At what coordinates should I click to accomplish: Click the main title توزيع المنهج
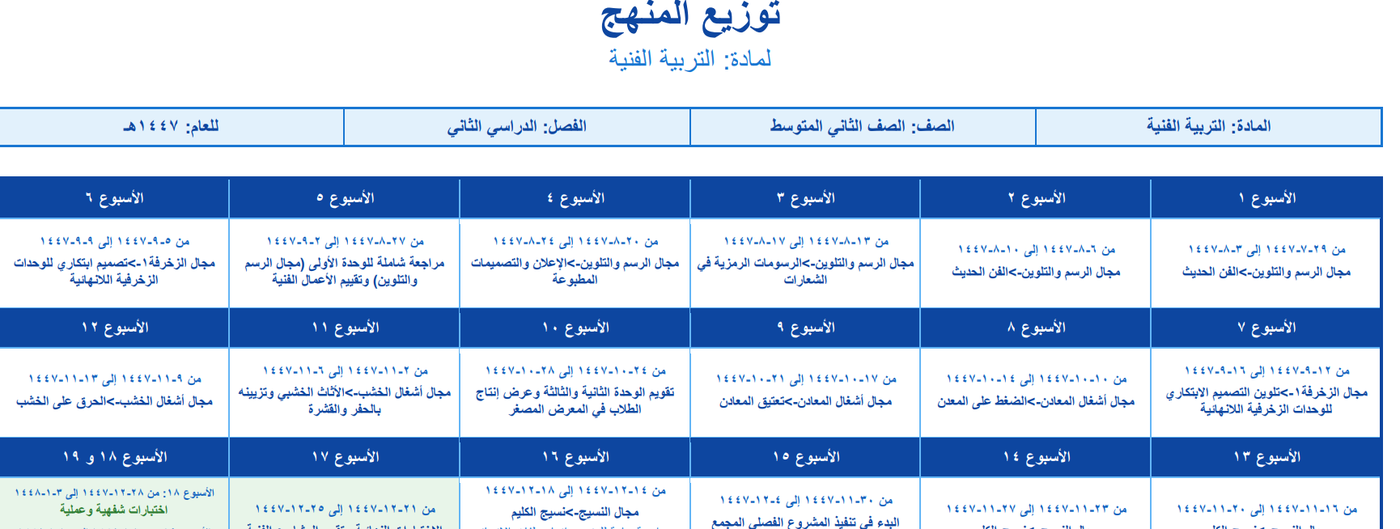click(690, 16)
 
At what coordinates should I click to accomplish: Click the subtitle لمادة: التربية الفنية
click(690, 59)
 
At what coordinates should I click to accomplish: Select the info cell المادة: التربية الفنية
click(1208, 126)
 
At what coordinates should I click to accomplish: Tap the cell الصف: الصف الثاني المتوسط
click(862, 126)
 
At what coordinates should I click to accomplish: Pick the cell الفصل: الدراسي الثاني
click(516, 126)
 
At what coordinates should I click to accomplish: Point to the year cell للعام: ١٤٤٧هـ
click(171, 126)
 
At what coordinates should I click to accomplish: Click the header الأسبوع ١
click(1266, 198)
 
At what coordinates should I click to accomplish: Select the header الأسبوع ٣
click(805, 198)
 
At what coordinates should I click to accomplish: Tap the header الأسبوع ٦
click(114, 198)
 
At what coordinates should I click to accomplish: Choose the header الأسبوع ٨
click(1036, 328)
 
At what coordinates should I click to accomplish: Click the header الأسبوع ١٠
click(575, 328)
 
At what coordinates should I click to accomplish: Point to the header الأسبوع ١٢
click(114, 328)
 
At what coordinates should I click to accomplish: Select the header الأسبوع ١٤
click(1036, 457)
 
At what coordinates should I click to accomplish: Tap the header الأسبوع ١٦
click(575, 457)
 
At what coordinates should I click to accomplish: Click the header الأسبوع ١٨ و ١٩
click(114, 457)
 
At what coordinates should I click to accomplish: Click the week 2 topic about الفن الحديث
click(1036, 272)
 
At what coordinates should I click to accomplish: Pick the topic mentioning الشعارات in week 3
click(805, 271)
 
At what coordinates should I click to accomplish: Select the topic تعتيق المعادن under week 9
click(805, 401)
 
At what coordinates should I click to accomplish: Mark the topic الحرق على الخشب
click(114, 401)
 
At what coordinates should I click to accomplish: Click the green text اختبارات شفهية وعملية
click(114, 510)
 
